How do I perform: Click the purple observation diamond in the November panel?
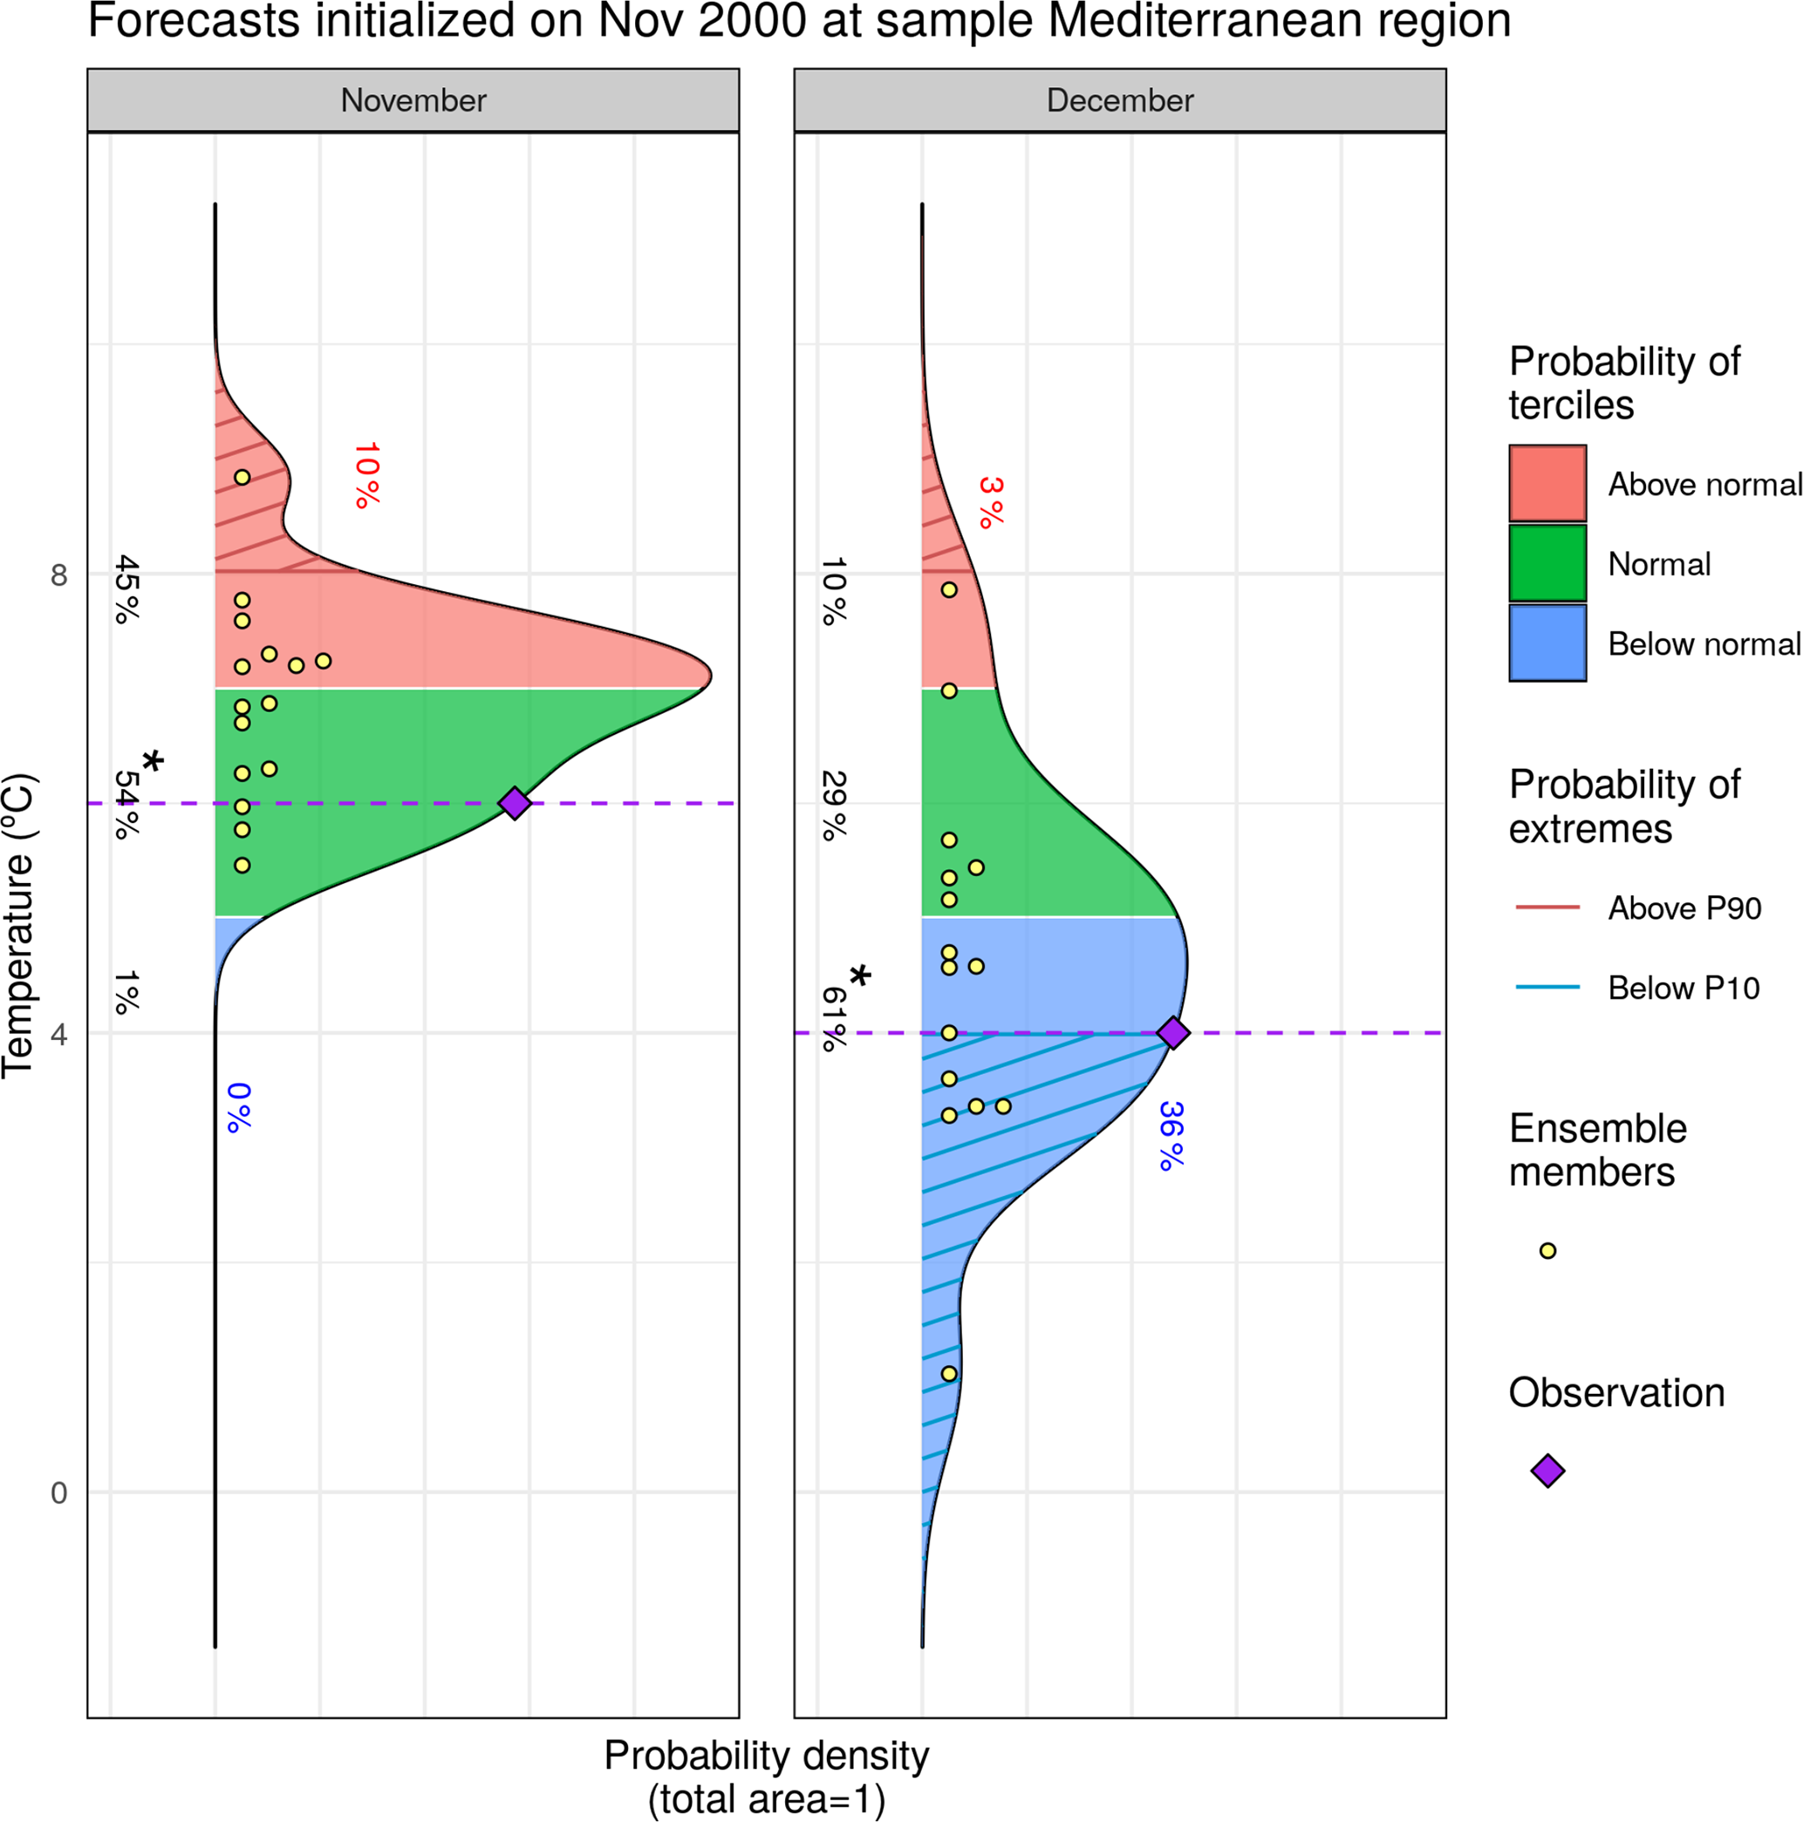pos(514,803)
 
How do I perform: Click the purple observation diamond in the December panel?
pos(1172,1033)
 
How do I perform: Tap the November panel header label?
pos(413,100)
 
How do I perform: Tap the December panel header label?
pos(1120,100)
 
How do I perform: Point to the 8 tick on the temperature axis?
pos(58,574)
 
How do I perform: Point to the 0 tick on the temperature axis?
pos(58,1492)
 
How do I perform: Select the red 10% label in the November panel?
pos(366,475)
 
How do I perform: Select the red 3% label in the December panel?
pos(991,502)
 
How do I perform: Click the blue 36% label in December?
pos(1170,1135)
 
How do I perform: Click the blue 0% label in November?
pos(239,1107)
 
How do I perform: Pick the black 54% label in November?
pos(126,805)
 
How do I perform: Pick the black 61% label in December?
pos(834,1018)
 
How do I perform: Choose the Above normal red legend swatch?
pos(1547,483)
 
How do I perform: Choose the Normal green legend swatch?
pos(1547,563)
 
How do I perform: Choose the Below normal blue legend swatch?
pos(1547,643)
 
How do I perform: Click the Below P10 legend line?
pos(1547,988)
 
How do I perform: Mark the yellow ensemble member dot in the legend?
pos(1547,1250)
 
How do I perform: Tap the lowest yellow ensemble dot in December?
pos(949,1374)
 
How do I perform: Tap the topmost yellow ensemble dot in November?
pos(242,477)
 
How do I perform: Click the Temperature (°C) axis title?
pos(19,925)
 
